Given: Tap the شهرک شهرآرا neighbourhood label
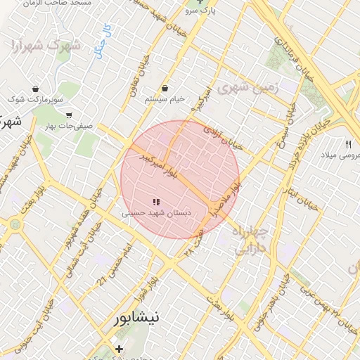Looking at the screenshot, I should [x=46, y=46].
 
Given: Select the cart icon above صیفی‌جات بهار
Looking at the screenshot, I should [x=68, y=115].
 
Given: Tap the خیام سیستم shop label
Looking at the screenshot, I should [x=165, y=99].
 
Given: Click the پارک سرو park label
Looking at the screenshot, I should [x=202, y=11].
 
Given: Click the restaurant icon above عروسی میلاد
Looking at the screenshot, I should [x=347, y=143].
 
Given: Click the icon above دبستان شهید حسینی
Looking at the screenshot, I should [x=156, y=202].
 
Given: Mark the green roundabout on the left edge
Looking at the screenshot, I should [x=15, y=224].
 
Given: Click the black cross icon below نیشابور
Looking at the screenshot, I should [x=119, y=349].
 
